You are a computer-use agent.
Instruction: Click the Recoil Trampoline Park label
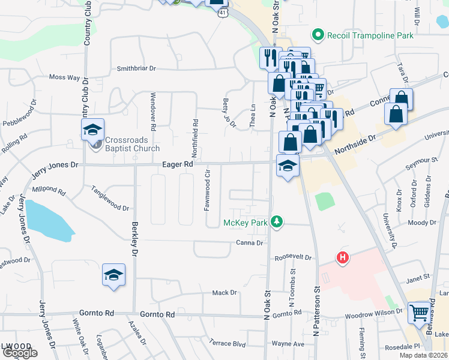point(370,36)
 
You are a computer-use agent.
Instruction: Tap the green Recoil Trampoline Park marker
point(318,35)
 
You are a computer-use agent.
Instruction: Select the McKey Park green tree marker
point(276,222)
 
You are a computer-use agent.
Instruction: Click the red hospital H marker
point(342,259)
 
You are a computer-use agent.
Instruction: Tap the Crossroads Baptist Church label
point(132,145)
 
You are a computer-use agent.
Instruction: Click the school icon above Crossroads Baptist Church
point(93,129)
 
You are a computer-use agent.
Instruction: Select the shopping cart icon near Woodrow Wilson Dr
point(420,312)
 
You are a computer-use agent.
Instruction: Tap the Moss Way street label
point(64,77)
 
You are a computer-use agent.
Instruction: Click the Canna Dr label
point(252,243)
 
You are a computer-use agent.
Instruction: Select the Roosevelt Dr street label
point(294,257)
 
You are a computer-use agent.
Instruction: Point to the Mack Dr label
point(224,293)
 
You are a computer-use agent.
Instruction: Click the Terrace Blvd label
point(228,344)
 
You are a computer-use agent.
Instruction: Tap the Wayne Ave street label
point(288,344)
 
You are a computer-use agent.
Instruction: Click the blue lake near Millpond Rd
point(48,221)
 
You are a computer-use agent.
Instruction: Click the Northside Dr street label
point(355,138)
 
